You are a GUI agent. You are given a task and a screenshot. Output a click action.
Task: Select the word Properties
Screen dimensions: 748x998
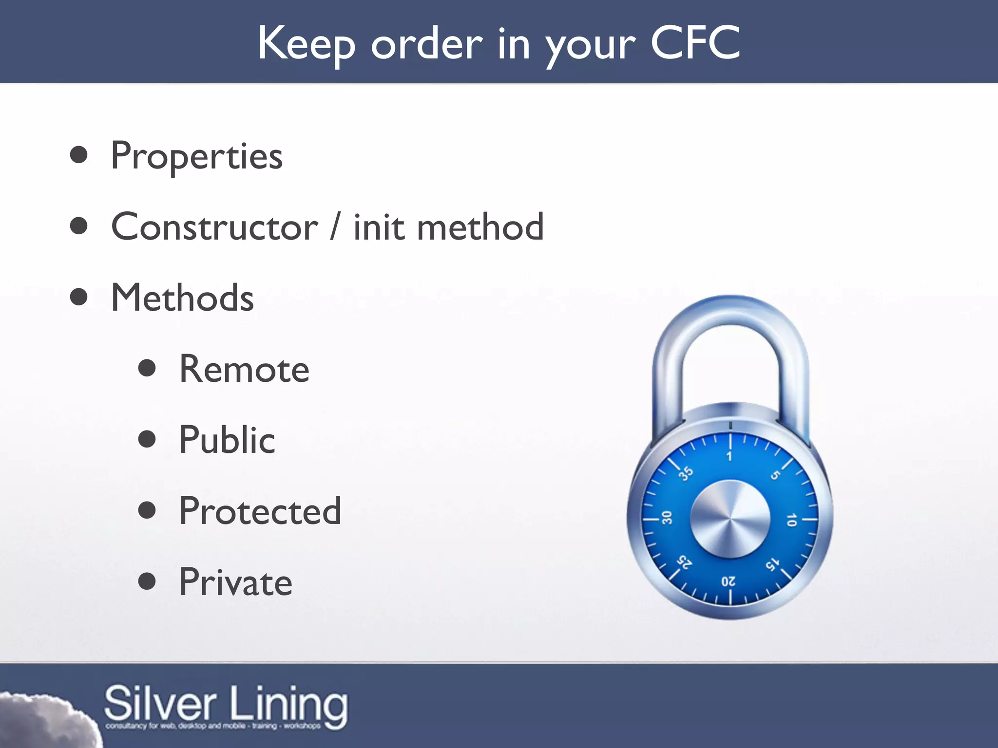tap(196, 156)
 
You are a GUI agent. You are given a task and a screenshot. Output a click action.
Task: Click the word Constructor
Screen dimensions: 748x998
tap(214, 227)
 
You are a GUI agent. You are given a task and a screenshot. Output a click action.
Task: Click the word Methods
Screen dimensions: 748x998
tap(182, 298)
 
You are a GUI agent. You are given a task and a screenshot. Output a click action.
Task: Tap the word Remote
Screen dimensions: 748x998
tap(244, 369)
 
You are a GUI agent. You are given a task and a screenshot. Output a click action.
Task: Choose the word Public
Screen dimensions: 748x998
tap(227, 440)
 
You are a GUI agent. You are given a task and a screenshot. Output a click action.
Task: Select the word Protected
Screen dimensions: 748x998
tap(260, 511)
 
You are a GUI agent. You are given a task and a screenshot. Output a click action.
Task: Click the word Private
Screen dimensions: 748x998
tap(236, 582)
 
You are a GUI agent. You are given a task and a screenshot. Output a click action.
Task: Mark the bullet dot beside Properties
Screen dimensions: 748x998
tap(78, 155)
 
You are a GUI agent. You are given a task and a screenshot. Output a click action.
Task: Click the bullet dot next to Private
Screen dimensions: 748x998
tap(147, 581)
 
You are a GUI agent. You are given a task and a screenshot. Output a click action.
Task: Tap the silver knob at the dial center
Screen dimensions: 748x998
tap(730, 519)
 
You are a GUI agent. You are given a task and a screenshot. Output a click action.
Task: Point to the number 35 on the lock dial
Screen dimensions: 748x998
tap(687, 473)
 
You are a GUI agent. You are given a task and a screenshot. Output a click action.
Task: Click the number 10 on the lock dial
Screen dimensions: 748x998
tap(791, 520)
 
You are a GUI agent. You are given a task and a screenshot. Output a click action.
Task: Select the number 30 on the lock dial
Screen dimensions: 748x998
tap(667, 518)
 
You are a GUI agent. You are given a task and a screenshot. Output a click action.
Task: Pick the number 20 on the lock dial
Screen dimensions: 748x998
tap(729, 581)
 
